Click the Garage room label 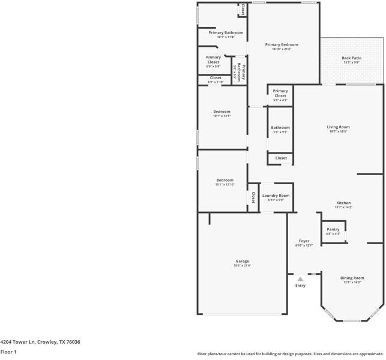[242, 261]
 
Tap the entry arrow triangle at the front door [300, 278]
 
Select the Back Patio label [351, 58]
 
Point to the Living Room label [338, 127]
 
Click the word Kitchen [343, 203]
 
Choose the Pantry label [333, 229]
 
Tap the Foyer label [304, 241]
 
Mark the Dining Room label [352, 278]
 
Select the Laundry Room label [276, 196]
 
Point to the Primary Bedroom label [281, 45]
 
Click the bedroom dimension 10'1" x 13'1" [222, 116]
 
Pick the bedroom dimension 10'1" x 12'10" [225, 184]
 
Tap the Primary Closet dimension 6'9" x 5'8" [213, 67]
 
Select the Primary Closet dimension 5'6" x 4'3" [280, 100]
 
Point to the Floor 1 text [8, 352]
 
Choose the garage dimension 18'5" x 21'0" [242, 266]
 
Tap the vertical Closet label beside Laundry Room [253, 197]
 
